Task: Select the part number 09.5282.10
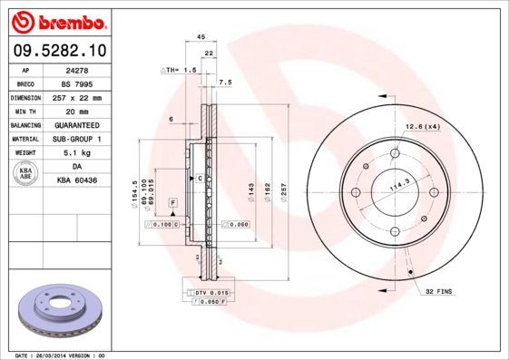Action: pos(57,49)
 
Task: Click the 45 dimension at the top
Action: pos(188,37)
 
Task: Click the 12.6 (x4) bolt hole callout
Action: pos(422,126)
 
